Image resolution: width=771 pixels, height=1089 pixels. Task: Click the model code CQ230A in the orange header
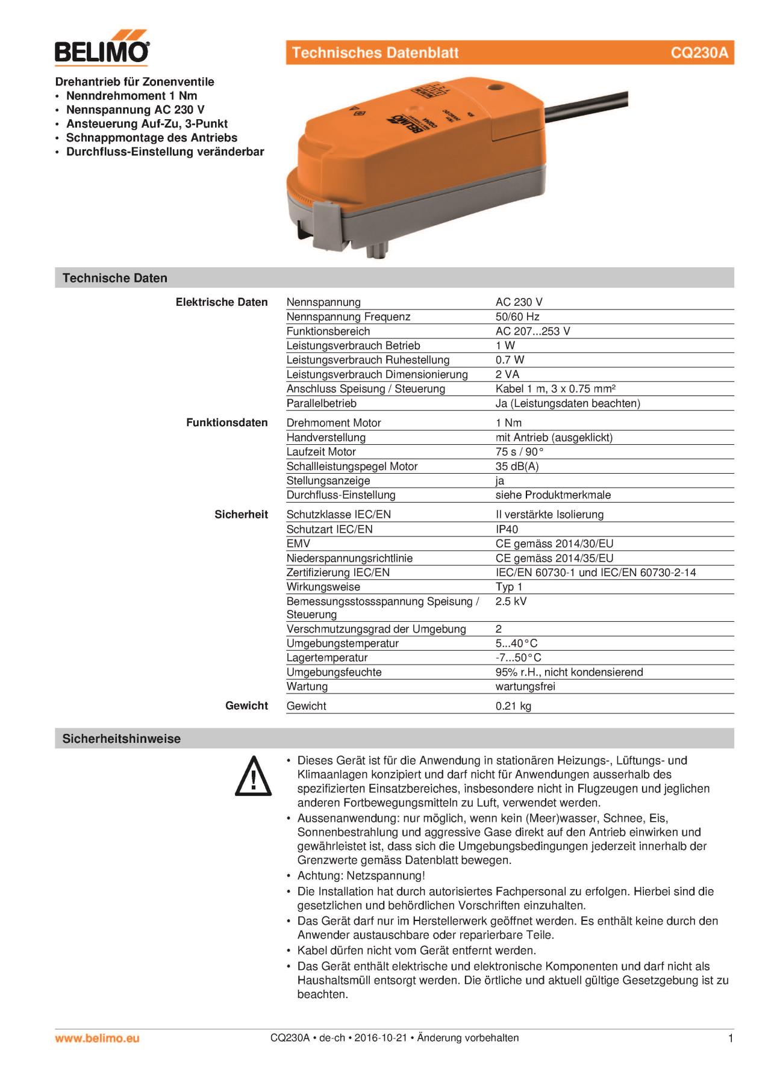tap(699, 53)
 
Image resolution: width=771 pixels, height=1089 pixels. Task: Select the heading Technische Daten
tap(114, 278)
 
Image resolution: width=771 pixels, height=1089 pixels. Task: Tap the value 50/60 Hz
tap(517, 317)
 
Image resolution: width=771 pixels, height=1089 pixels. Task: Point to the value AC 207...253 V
tap(532, 331)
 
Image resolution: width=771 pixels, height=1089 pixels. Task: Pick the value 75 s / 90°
tap(519, 452)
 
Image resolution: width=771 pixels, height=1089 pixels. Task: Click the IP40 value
tap(507, 529)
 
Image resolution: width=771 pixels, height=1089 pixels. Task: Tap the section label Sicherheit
tap(241, 515)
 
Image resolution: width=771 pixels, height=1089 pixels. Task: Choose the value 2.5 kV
tap(511, 601)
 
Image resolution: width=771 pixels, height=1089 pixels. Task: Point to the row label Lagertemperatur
tap(326, 658)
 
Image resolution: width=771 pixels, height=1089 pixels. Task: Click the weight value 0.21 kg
tap(513, 706)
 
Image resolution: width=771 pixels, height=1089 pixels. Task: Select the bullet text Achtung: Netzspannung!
tap(361, 876)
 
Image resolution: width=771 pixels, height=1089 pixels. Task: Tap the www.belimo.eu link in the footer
tap(97, 1038)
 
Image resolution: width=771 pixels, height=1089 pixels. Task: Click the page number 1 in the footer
tap(731, 1038)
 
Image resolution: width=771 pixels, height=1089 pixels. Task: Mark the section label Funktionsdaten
tap(226, 423)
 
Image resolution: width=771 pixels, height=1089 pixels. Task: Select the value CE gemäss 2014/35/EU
tap(554, 558)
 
